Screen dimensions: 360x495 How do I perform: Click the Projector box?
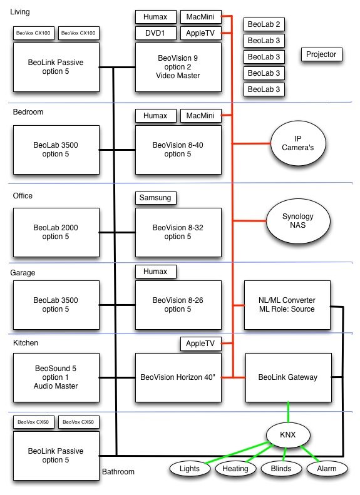[321, 54]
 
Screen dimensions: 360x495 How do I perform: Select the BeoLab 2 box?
[264, 24]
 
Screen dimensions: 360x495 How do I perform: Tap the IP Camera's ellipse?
[298, 143]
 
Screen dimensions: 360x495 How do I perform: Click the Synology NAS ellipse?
[298, 221]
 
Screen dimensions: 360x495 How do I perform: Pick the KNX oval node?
[288, 435]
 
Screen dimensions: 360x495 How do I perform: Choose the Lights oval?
[190, 469]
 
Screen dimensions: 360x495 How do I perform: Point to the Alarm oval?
[327, 469]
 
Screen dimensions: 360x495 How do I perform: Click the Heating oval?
[235, 469]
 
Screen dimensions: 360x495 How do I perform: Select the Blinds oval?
[281, 469]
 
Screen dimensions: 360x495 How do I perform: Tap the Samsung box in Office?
[156, 198]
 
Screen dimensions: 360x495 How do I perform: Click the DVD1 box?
[156, 33]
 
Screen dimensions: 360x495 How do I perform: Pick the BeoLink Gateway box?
[289, 377]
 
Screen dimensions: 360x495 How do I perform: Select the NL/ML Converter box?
[287, 305]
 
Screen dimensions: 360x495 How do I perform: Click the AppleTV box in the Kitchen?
[201, 344]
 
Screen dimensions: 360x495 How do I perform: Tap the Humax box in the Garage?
[156, 272]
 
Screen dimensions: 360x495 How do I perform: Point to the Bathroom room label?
[118, 472]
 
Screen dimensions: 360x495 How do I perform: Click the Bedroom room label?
[28, 112]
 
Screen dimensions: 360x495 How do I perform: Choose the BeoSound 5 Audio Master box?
[56, 377]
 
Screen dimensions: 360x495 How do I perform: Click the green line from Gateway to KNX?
[288, 412]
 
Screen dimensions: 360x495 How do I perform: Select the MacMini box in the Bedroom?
[201, 116]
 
